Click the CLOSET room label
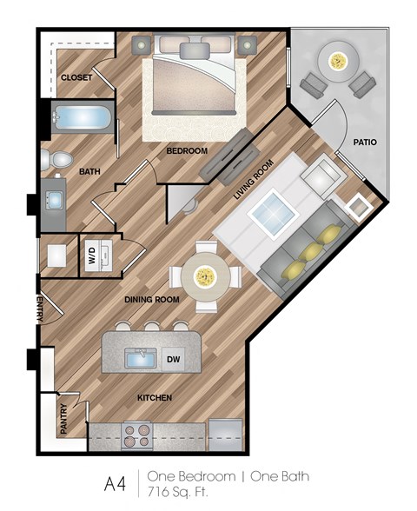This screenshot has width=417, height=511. coord(76,78)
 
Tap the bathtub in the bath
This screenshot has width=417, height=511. coord(79,117)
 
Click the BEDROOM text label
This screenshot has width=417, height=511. coord(187,150)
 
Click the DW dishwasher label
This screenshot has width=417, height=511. coord(172,358)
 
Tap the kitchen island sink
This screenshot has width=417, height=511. coord(140,357)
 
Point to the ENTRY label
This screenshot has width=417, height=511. coord(40,308)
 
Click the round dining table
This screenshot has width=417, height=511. coord(206,276)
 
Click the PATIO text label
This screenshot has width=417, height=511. coord(364,141)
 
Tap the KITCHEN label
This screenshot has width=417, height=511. coord(154,397)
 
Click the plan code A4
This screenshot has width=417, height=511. coord(114,483)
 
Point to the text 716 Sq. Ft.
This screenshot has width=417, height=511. coord(184,491)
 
